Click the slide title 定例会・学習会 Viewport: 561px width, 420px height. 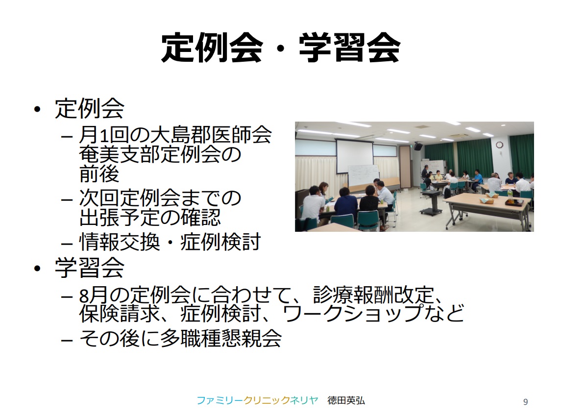pos(280,48)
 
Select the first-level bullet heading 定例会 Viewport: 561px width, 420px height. pos(90,108)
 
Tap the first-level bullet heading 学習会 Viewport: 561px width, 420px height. pos(90,268)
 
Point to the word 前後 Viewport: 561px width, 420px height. pos(99,174)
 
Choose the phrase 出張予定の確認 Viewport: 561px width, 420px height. pos(150,217)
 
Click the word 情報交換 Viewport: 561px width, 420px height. pos(120,242)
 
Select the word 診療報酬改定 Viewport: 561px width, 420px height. pos(374,295)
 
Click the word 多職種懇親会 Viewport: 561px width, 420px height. pos(221,339)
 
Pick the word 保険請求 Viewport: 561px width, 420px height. pos(120,313)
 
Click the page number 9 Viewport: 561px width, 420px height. pos(525,402)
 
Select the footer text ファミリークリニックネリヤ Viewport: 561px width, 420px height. pos(257,400)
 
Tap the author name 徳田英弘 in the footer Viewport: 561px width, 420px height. pos(346,400)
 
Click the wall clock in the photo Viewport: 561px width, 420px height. pos(499,145)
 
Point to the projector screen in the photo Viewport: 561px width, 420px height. pos(355,156)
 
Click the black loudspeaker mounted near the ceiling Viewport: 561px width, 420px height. pos(418,147)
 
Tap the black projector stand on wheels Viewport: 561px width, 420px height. pos(431,202)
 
